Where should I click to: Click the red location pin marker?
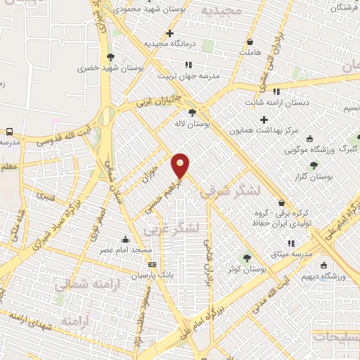coord(181,165)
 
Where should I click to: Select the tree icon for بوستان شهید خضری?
coord(110,57)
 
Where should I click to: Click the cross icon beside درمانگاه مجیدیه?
coord(169,33)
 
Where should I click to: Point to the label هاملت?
coord(250,52)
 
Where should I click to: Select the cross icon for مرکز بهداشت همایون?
coord(264,120)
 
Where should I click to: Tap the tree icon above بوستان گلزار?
coord(314,165)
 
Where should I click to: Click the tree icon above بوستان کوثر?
coord(247,257)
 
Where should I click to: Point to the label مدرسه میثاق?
coord(292,253)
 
